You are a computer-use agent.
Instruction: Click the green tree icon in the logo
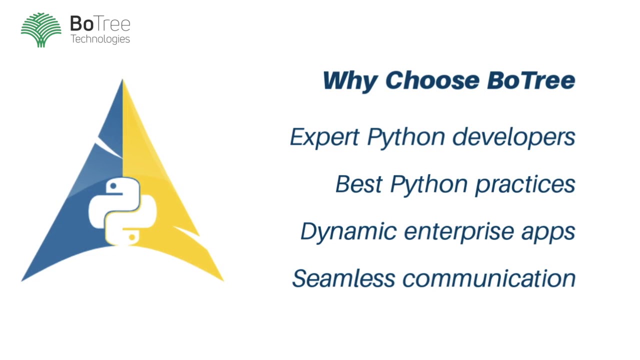41,30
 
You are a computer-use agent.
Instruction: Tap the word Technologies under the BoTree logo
100,39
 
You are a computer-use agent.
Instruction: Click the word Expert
324,137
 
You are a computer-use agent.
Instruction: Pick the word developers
514,137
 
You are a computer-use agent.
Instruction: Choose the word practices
525,184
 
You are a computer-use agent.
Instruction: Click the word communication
489,278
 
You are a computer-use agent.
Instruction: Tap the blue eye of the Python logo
113,186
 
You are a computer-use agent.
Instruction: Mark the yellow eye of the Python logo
131,237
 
